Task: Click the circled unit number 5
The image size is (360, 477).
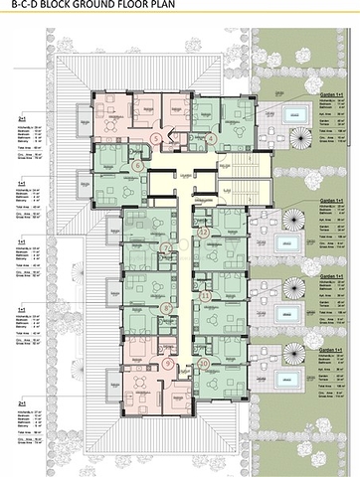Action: (157, 138)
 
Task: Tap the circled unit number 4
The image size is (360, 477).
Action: (211, 138)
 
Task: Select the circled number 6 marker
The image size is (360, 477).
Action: (136, 167)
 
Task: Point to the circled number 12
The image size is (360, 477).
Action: (204, 231)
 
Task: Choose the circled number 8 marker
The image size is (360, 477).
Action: (167, 308)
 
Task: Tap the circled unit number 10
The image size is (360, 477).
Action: (204, 364)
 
